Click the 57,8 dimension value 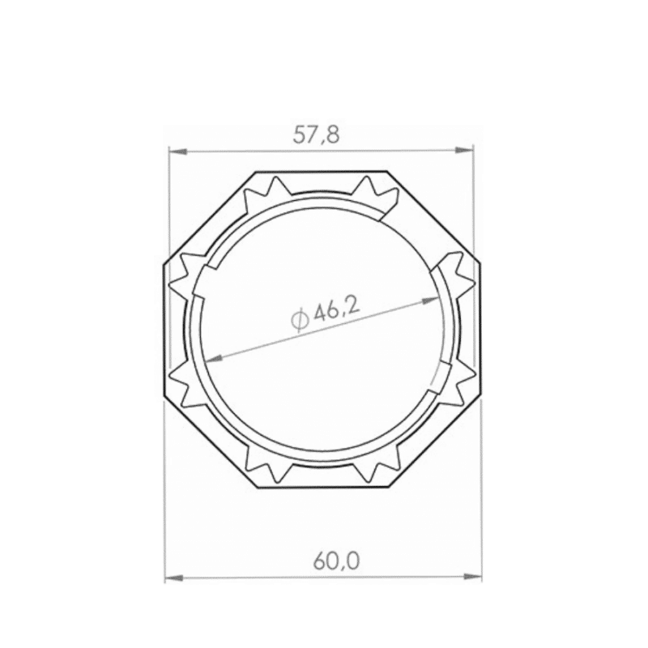(316, 135)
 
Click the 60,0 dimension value (336, 561)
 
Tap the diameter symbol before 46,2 (300, 321)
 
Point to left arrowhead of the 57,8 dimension (178, 152)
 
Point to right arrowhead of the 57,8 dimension (464, 151)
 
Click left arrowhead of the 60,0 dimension (174, 578)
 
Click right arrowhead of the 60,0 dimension (472, 577)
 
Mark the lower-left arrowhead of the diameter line (213, 359)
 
